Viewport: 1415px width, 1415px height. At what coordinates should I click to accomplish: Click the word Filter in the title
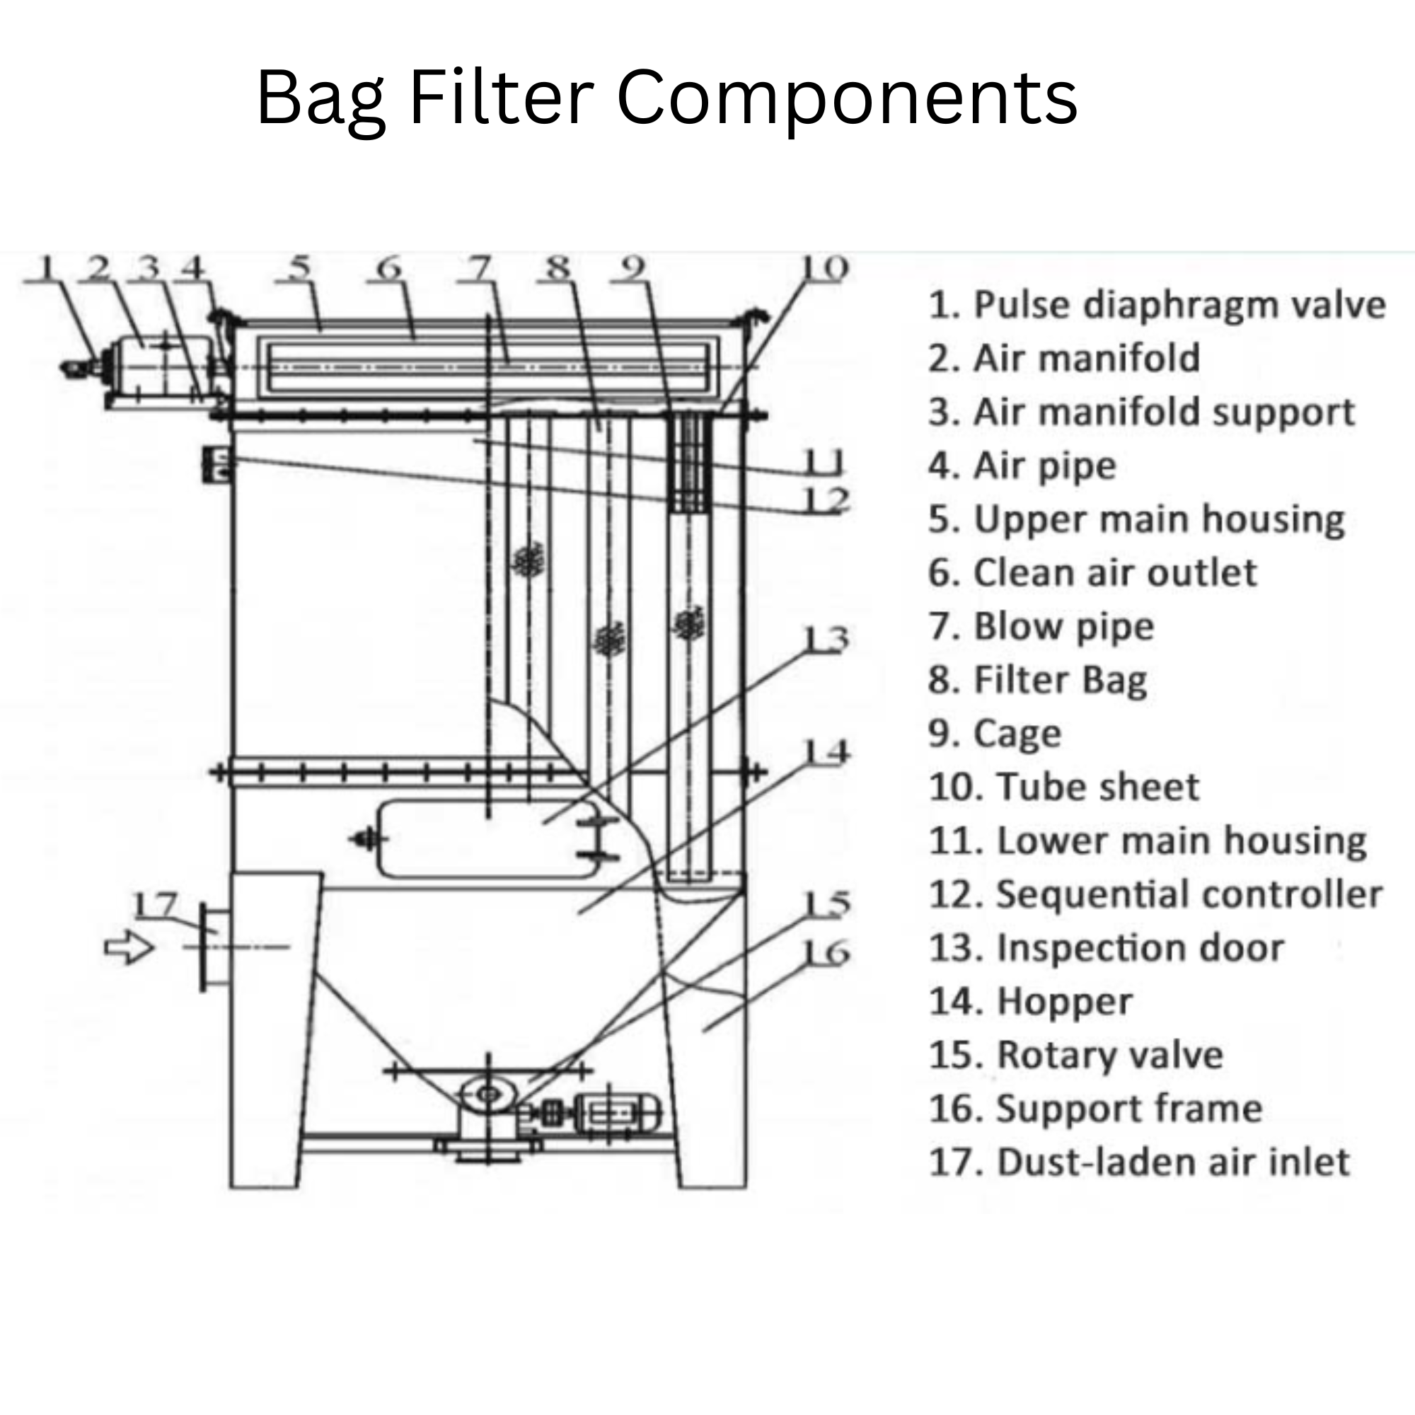coord(501,98)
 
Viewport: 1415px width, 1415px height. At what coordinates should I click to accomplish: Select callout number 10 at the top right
coord(824,268)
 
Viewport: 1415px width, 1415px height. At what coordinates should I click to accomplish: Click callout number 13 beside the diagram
coord(826,640)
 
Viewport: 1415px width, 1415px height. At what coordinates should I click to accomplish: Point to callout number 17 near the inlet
coord(155,906)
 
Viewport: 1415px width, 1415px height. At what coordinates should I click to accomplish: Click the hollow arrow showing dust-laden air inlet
coord(129,947)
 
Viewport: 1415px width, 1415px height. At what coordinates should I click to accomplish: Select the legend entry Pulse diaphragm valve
coord(1157,305)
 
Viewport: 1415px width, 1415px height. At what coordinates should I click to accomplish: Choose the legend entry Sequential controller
coord(1155,894)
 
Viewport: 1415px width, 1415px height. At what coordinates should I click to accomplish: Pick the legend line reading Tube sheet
coord(1063,787)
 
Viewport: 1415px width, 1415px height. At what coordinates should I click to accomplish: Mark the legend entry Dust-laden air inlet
coord(1139,1162)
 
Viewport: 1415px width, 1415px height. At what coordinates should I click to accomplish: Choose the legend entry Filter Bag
coord(1037,681)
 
